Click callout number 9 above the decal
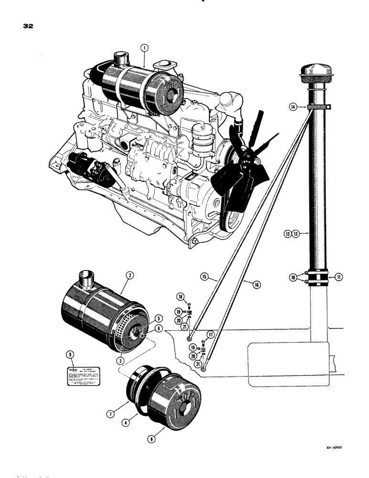[70, 355]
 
